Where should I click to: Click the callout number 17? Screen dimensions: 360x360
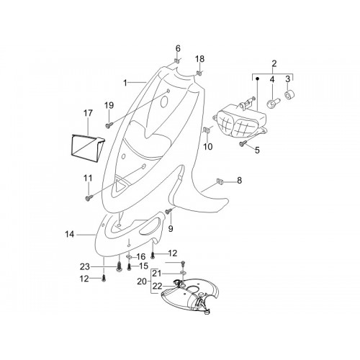(88, 113)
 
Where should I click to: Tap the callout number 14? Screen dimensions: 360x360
(70, 234)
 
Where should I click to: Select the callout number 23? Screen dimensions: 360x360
(85, 266)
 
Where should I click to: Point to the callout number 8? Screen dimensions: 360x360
(239, 181)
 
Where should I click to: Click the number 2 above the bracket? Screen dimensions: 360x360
(274, 63)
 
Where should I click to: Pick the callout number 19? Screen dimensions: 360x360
(109, 105)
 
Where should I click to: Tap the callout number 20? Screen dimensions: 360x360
(142, 282)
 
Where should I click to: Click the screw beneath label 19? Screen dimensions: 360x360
(109, 125)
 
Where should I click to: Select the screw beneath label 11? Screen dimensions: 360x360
(89, 198)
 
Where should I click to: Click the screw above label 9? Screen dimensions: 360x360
(168, 211)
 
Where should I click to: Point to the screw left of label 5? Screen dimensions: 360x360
(242, 143)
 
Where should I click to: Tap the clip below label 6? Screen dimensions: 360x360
(177, 60)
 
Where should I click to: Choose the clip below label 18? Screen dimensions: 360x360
(199, 73)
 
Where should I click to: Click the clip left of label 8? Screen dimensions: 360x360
(220, 181)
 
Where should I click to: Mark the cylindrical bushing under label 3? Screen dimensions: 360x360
(289, 95)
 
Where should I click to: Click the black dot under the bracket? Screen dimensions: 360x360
(257, 78)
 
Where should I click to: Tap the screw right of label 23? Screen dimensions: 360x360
(120, 267)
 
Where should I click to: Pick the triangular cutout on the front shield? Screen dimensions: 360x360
(120, 185)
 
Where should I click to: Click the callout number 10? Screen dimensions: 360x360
(208, 146)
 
